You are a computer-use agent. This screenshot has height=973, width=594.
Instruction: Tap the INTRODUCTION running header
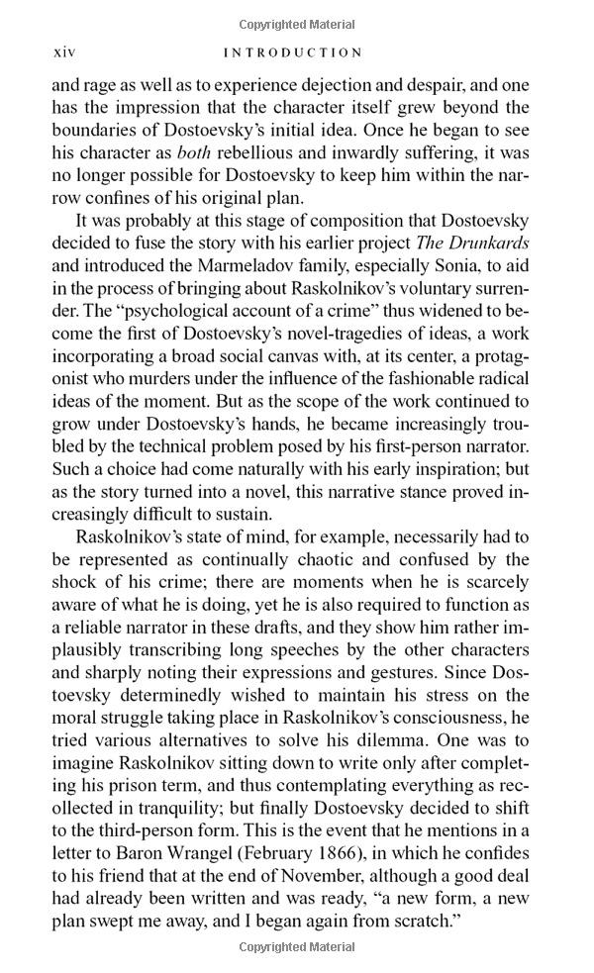292,52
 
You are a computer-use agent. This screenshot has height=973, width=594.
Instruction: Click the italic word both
197,153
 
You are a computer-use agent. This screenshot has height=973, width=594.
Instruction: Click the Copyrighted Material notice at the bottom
296,948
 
